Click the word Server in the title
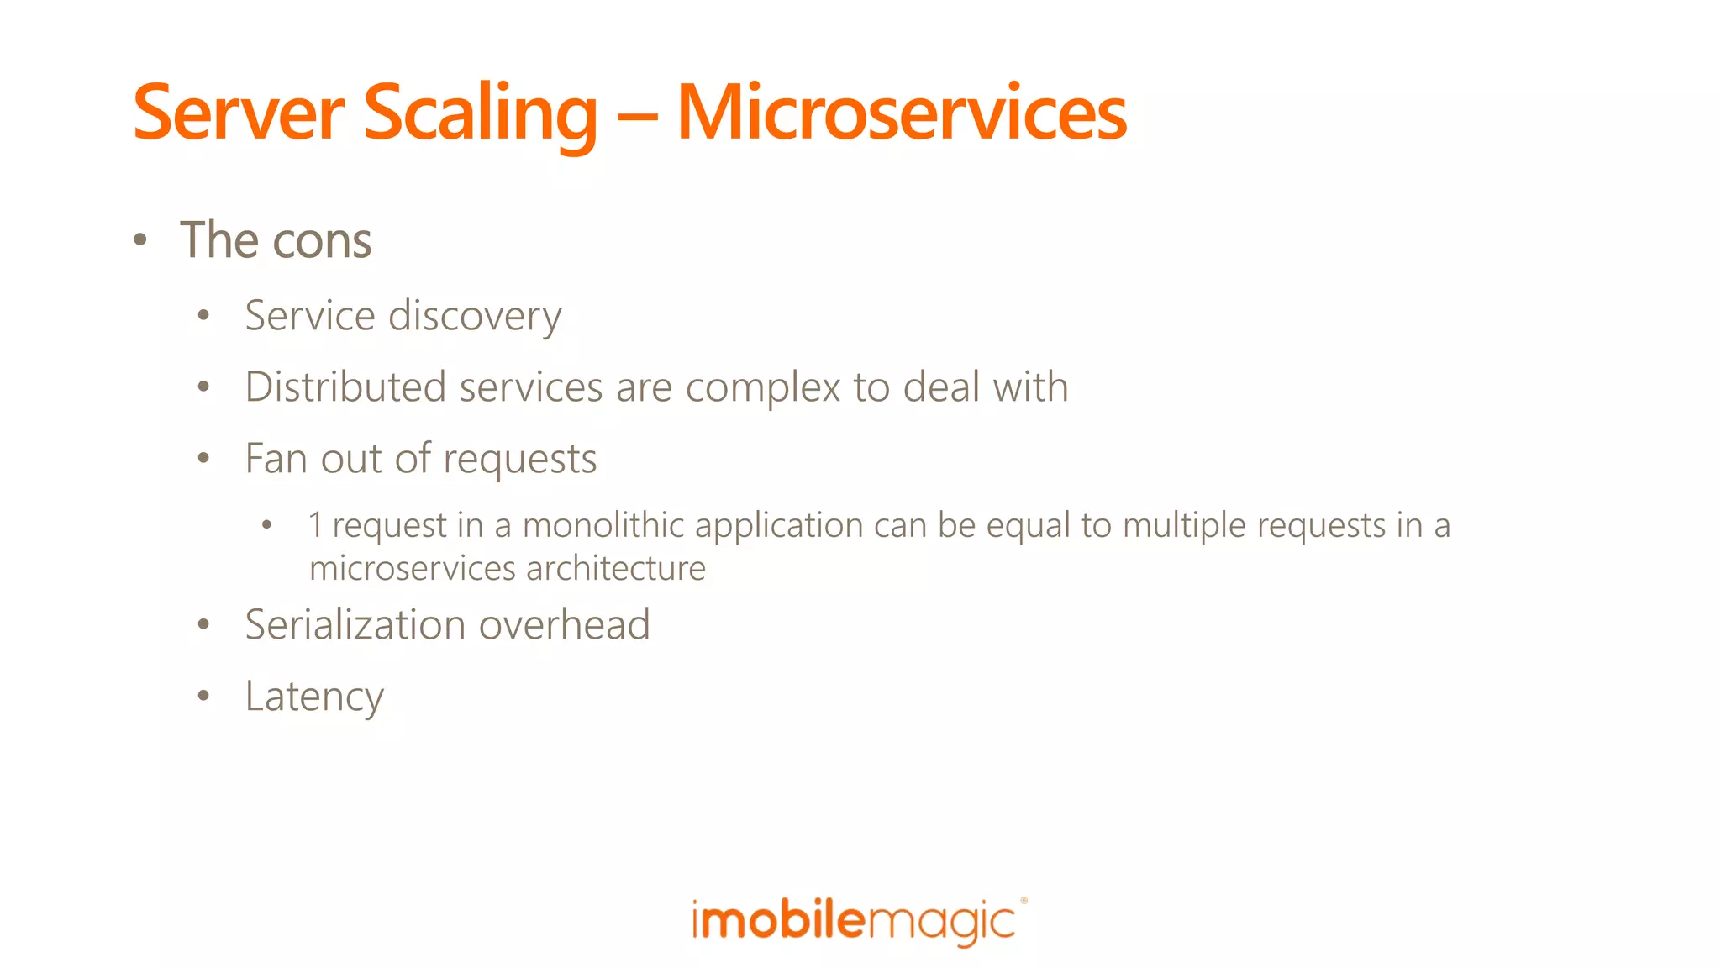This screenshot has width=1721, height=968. pyautogui.click(x=239, y=113)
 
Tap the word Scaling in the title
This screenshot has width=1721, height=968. pyautogui.click(x=480, y=113)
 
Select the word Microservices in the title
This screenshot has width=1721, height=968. pyautogui.click(x=901, y=113)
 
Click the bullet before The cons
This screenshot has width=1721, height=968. pyautogui.click(x=140, y=241)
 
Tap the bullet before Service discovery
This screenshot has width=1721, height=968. pyautogui.click(x=203, y=316)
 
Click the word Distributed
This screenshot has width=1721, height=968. pyautogui.click(x=345, y=387)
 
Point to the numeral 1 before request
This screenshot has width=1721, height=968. pyautogui.click(x=316, y=525)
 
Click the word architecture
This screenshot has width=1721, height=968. pyautogui.click(x=616, y=569)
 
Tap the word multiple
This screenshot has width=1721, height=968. pyautogui.click(x=1184, y=527)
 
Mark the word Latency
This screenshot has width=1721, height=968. pyautogui.click(x=314, y=697)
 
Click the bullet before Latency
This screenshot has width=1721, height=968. pyautogui.click(x=203, y=696)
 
